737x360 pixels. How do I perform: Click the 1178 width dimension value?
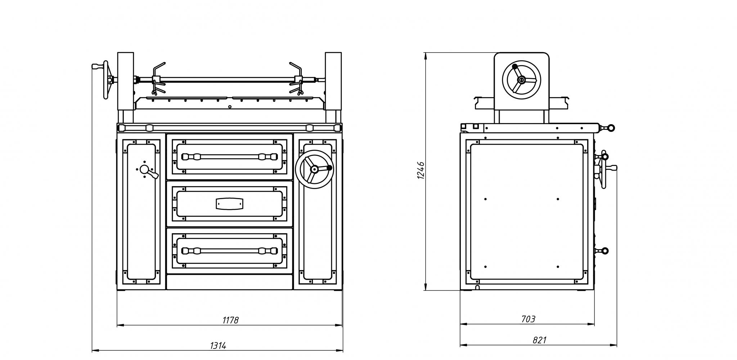[x=230, y=320]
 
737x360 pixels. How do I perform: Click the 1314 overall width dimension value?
[x=218, y=346]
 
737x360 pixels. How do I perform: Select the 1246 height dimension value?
[x=421, y=170]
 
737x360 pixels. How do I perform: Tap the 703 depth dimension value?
[x=528, y=319]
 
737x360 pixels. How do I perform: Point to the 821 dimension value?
[x=539, y=340]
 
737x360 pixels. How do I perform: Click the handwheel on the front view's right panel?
[x=314, y=169]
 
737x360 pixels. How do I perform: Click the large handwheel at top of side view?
[x=521, y=80]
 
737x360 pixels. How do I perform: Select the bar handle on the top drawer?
[x=230, y=157]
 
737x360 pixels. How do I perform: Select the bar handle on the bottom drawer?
[x=230, y=251]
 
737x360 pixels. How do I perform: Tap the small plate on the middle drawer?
[x=229, y=204]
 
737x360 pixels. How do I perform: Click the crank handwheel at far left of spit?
[x=105, y=80]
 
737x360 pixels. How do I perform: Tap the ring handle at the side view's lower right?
[x=605, y=251]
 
